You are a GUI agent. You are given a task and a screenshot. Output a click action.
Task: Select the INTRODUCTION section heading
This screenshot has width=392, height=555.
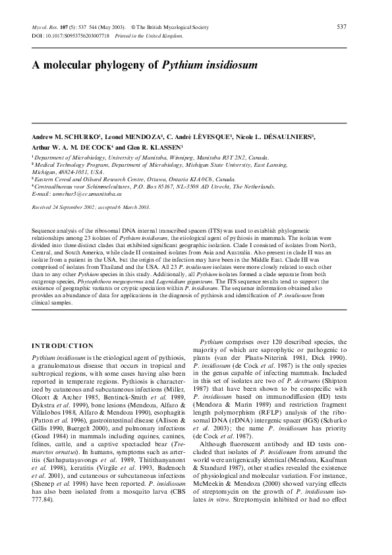click(63, 345)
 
